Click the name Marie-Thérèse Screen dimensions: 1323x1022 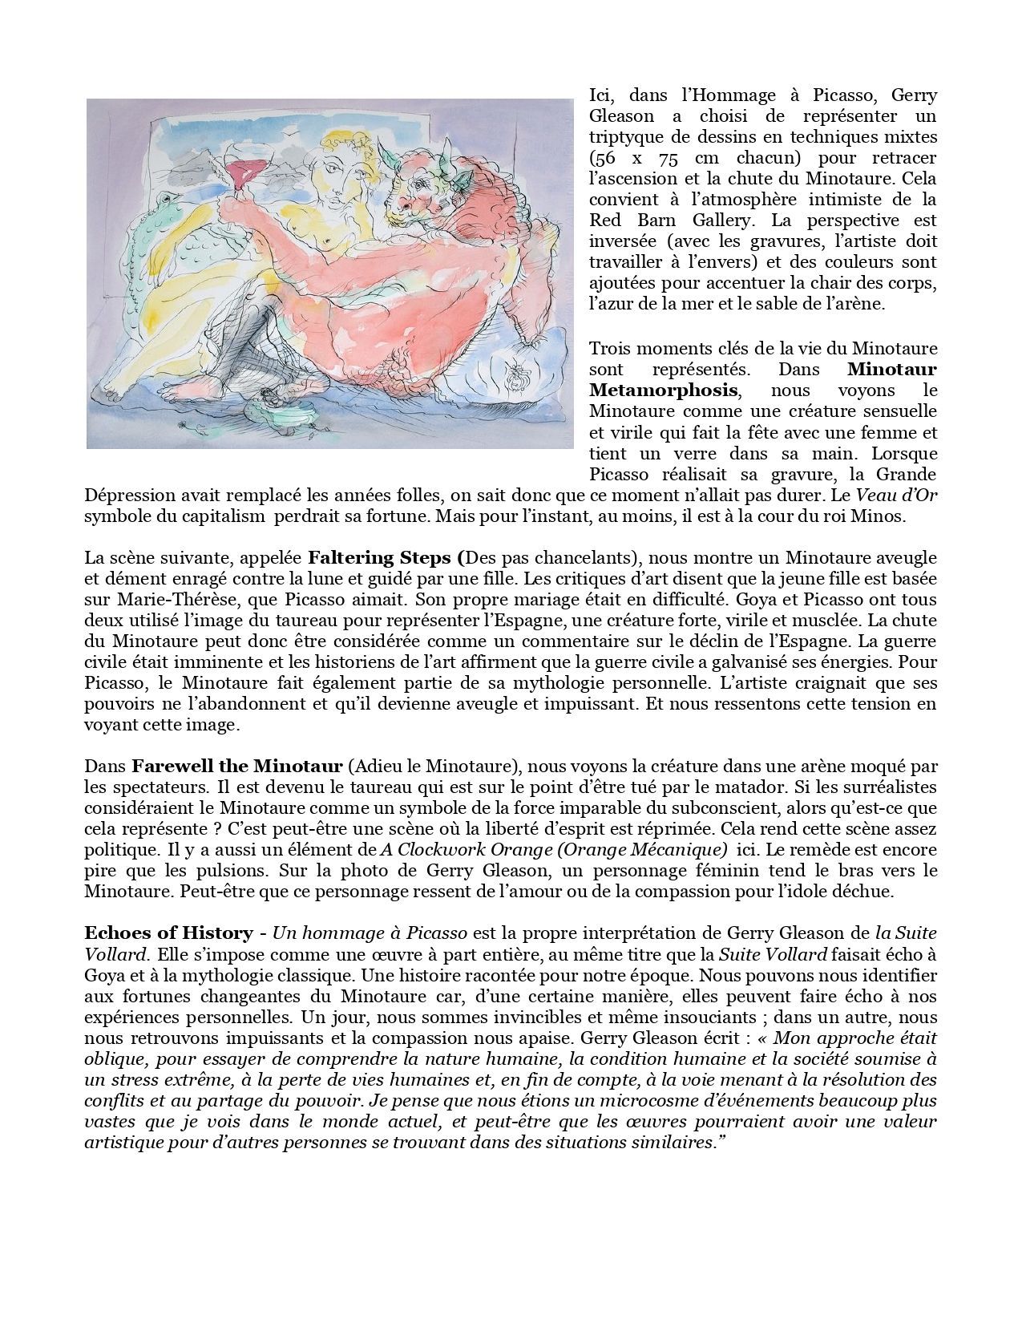click(159, 599)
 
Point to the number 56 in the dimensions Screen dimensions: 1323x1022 click(604, 158)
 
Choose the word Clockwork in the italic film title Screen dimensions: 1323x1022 click(434, 849)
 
